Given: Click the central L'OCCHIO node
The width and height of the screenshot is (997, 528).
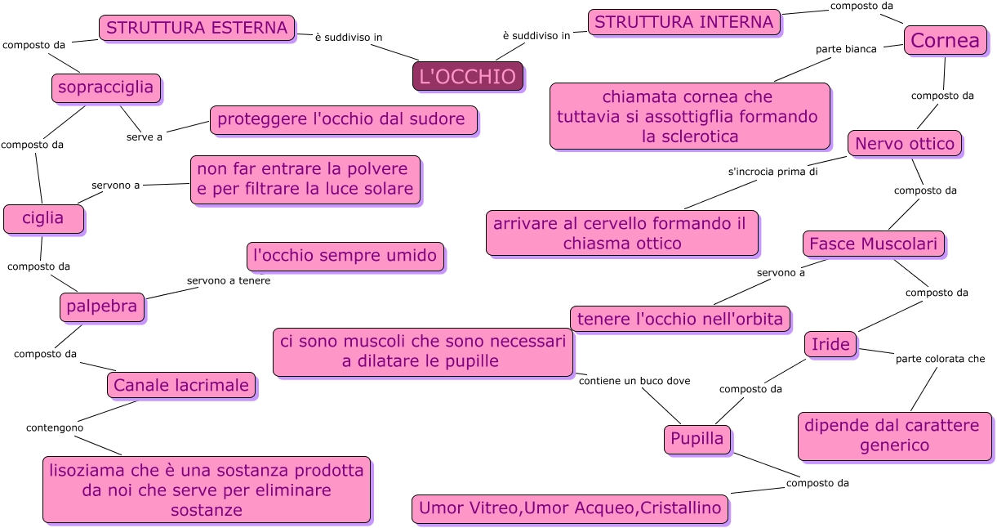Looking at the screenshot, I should point(467,76).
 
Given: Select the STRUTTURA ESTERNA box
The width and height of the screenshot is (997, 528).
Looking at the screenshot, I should point(197,28).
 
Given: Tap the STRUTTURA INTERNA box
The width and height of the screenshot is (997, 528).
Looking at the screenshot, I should point(683,22).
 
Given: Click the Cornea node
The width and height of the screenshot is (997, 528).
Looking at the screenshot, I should point(944,40).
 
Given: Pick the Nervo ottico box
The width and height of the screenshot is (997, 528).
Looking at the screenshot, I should point(904,144).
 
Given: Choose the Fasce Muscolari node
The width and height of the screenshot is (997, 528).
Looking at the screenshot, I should point(874,244).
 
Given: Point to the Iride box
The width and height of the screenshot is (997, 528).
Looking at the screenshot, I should point(830,345).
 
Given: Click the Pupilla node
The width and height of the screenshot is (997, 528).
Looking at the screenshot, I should point(697,439).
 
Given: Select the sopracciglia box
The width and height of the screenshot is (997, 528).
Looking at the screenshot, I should point(106,87).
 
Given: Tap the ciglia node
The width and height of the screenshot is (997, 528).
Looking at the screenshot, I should point(43,218).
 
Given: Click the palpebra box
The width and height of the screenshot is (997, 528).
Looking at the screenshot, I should point(102,307).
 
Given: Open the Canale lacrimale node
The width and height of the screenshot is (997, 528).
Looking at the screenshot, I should point(181,385).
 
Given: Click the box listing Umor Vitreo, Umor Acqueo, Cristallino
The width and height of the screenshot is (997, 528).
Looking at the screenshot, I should point(570,508).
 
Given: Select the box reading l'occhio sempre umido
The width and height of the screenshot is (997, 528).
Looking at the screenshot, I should point(345,256).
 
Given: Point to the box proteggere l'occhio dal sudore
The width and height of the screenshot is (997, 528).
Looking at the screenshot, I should point(343,119).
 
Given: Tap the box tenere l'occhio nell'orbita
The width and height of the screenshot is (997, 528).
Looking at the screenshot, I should point(680,319).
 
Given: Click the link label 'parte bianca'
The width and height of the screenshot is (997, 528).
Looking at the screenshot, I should point(846,49).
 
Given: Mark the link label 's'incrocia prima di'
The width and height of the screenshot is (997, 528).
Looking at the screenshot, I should point(772,172).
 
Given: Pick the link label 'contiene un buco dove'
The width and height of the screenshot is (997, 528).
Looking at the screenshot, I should point(634,381).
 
